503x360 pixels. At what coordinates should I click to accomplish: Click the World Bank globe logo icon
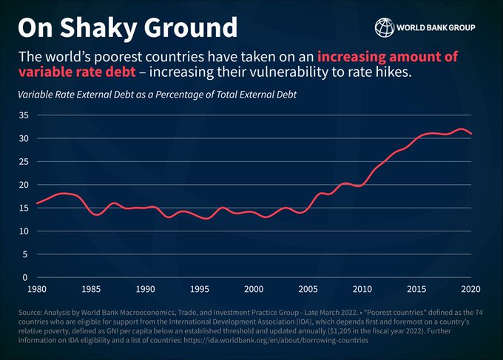(385, 28)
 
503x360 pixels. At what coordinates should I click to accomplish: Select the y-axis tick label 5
(25, 254)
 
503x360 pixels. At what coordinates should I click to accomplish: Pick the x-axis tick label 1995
(200, 289)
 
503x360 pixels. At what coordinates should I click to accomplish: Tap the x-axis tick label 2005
(308, 289)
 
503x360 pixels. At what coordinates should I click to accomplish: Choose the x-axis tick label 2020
(471, 289)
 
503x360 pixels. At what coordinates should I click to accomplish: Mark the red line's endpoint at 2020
(471, 134)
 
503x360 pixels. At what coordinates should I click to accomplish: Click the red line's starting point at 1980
(36, 203)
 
